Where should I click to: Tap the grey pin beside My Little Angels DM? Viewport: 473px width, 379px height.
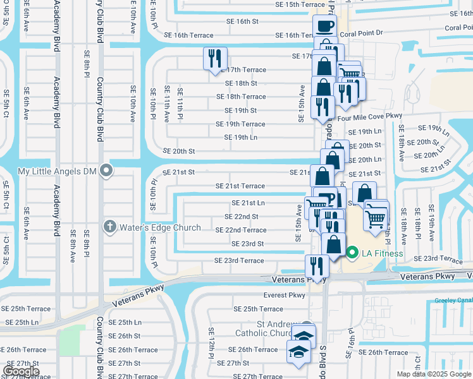(x=107, y=171)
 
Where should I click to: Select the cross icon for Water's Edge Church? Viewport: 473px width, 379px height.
(x=109, y=226)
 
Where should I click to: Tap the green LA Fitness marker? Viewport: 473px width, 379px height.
(x=352, y=253)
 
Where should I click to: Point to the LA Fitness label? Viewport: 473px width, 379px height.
(x=382, y=253)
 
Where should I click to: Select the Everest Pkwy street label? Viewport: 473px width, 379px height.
(x=285, y=295)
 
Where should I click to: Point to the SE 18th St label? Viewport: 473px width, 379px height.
(x=241, y=83)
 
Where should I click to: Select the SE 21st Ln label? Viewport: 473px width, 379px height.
(x=248, y=203)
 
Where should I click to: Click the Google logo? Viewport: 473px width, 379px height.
(x=21, y=371)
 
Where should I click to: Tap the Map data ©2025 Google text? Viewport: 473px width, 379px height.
(x=434, y=374)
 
